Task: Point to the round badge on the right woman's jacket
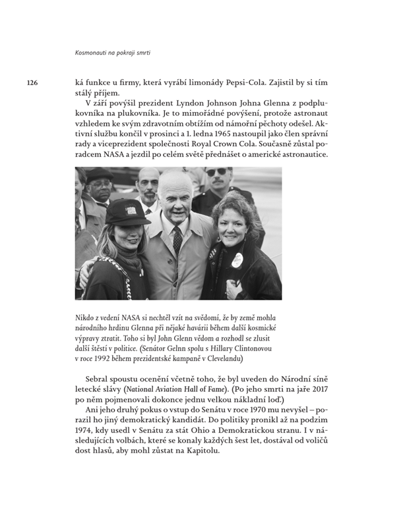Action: click(x=237, y=260)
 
